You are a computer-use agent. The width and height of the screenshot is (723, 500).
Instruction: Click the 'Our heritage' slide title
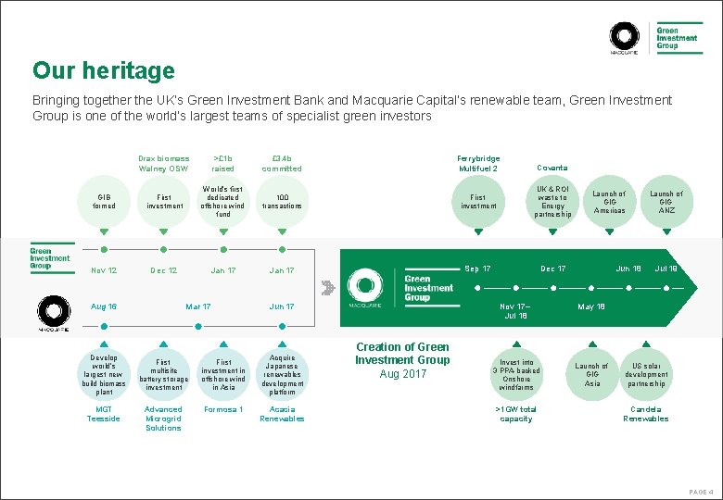point(103,70)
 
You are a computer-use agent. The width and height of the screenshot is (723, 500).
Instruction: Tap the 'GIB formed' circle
point(104,201)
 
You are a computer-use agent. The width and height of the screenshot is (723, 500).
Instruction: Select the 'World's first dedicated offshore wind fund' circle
point(222,201)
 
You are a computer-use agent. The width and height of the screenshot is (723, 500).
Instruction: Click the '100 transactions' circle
point(282,201)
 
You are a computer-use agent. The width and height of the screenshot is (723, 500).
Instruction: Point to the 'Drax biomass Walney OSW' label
point(163,163)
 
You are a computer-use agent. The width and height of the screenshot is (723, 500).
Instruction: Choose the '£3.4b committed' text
point(282,163)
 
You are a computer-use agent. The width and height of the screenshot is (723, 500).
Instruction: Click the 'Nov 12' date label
point(104,270)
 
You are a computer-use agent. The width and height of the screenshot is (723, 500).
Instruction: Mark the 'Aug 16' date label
point(104,306)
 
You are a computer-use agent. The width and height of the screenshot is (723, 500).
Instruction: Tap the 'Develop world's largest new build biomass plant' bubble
point(104,373)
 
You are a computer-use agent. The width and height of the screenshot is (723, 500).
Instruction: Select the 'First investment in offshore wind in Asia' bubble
point(222,373)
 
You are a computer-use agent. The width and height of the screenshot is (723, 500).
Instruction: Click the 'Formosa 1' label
point(222,409)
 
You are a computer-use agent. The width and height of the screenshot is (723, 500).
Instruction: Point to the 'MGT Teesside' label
point(104,414)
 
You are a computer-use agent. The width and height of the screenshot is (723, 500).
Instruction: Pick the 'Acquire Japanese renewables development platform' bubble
point(282,373)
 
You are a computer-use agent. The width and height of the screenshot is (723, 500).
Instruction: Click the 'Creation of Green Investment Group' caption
point(402,353)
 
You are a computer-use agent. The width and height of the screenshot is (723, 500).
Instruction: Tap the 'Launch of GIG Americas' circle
point(609,202)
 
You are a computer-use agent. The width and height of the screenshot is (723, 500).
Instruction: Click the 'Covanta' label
point(552,168)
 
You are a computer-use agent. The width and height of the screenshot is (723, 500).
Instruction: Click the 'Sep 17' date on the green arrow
point(478,269)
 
